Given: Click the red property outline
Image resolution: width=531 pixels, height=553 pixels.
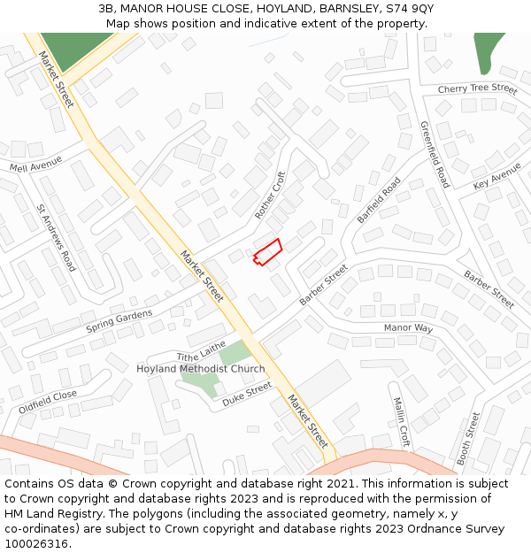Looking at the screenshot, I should [268, 251].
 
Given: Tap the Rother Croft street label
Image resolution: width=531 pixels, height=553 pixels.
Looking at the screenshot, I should [271, 196].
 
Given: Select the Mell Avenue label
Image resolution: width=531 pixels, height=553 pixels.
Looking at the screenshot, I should [36, 165].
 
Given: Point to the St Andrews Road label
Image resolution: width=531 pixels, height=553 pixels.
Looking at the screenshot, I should [56, 237].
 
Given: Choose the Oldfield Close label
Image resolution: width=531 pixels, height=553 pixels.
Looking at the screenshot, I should [48, 403].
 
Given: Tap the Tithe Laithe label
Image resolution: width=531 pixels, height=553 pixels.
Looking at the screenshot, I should [202, 350].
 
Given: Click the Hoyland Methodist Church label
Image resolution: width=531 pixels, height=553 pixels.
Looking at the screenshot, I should [200, 369].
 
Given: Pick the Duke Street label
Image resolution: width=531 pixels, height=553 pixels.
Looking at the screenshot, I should [247, 394].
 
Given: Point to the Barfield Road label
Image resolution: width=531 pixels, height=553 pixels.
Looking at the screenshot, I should [379, 200].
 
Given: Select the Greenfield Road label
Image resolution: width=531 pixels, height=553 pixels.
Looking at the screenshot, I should [435, 154].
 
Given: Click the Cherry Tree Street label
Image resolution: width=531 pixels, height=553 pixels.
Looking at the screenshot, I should [477, 89].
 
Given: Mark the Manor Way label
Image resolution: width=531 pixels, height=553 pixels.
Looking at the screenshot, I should [408, 328].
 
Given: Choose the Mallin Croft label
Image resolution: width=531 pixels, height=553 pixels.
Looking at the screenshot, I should [401, 421].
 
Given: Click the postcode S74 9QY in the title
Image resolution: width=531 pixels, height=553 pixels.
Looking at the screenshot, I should [409, 8].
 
